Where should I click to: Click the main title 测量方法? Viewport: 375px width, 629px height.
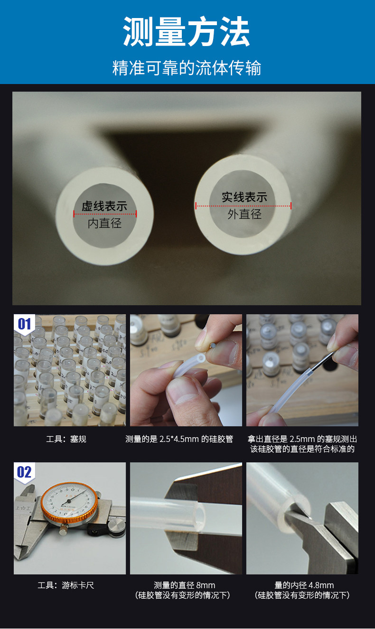(187, 31)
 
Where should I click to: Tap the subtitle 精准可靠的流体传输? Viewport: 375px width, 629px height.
(187, 68)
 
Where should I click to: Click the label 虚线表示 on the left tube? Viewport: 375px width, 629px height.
(104, 206)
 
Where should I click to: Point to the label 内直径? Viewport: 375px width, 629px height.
(104, 223)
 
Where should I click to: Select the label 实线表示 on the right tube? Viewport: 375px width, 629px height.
(244, 197)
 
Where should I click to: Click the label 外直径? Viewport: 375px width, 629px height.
(244, 214)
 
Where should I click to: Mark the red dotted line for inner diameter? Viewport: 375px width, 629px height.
(105, 214)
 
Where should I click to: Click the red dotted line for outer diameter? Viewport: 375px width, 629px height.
(244, 206)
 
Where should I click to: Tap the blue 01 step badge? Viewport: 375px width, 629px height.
(24, 324)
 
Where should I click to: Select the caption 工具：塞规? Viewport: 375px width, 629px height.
(66, 439)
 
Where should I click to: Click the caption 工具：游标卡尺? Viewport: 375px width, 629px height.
(66, 585)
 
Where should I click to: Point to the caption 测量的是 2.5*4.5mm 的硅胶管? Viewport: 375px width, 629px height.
(179, 439)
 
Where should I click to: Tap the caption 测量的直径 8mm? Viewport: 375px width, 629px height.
(184, 585)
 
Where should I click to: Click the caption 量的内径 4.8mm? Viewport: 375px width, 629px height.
(304, 585)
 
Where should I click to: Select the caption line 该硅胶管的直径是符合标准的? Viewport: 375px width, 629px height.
(302, 449)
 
